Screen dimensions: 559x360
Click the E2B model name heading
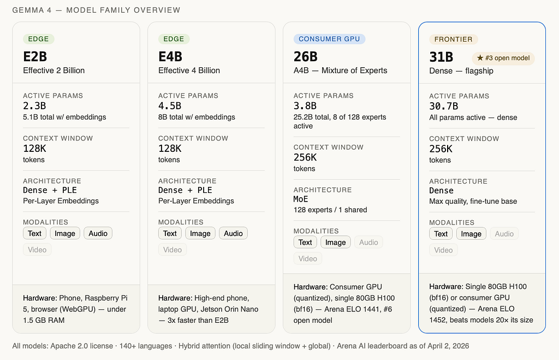(35, 57)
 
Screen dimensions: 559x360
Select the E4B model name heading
(170, 57)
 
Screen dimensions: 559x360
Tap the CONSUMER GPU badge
(329, 39)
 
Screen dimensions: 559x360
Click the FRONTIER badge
(453, 39)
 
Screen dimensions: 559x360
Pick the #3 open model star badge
(503, 58)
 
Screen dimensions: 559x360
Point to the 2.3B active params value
(34, 106)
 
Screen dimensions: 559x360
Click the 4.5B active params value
(170, 106)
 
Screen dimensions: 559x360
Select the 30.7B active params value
(443, 107)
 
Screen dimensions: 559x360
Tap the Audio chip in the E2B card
(98, 233)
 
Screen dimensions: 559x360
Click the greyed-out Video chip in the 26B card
(308, 259)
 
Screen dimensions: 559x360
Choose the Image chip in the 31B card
(471, 234)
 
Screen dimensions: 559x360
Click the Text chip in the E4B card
(170, 233)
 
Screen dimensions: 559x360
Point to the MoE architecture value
(301, 199)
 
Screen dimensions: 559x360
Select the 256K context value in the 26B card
(305, 157)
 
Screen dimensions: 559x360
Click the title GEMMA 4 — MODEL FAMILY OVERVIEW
(96, 10)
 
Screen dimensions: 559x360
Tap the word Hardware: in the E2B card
(40, 298)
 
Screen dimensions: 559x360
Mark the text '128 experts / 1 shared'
(330, 210)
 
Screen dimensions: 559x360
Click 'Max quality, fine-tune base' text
(473, 201)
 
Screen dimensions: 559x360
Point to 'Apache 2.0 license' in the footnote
(82, 346)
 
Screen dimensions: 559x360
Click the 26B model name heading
(306, 57)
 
